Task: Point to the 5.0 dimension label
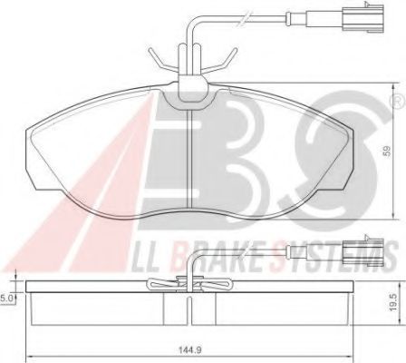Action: pos(6,296)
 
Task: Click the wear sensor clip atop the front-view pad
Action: pos(189,77)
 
